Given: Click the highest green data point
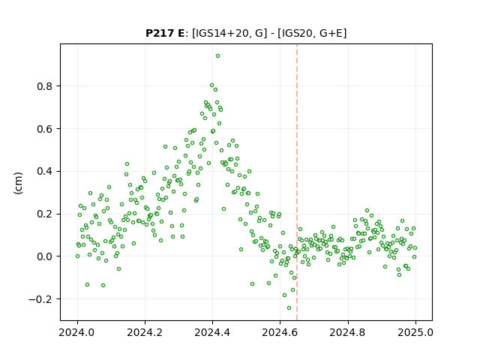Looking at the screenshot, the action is pos(217,56).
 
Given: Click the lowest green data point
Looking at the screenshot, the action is pos(289,308).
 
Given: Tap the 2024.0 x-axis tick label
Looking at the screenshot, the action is pos(77,332).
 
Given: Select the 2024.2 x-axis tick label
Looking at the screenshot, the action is pos(145,332).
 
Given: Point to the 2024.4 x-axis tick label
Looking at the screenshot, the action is pos(212,332).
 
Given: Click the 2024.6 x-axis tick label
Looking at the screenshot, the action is pos(280,332).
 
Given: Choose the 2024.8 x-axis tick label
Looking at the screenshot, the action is pos(348,332).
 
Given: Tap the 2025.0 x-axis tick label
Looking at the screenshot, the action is pos(415,332).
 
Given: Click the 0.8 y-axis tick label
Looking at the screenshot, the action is pos(44,86).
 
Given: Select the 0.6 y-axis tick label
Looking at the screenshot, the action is pos(44,129).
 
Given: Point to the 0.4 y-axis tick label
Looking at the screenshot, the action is pos(44,172).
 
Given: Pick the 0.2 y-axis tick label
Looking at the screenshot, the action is pos(44,214).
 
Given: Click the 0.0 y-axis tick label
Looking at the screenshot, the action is pos(44,256).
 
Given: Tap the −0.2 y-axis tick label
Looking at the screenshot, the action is pos(40,299).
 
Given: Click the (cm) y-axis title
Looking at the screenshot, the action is pos(18,183).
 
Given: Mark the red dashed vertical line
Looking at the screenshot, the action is pos(297,182).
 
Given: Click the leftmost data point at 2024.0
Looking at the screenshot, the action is pos(77,256).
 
